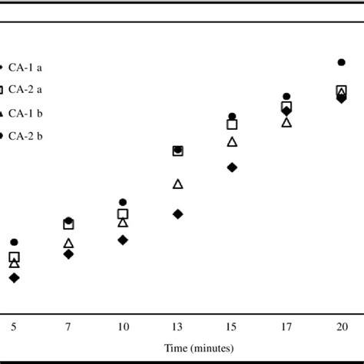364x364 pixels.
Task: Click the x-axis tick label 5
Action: pos(14,327)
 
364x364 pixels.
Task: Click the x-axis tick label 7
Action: pos(68,327)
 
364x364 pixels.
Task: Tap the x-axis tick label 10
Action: pos(123,327)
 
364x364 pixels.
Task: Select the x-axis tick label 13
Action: pos(177,327)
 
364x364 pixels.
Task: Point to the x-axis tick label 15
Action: pos(232,327)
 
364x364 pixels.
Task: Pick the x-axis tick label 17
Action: pos(286,327)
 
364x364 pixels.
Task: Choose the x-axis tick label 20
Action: pos(341,327)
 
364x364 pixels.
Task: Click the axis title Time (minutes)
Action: pos(199,348)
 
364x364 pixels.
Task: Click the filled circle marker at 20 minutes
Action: pos(341,62)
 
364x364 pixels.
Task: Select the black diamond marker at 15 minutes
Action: pos(232,167)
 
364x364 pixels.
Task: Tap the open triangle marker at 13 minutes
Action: pos(177,184)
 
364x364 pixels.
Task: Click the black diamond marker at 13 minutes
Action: pos(177,214)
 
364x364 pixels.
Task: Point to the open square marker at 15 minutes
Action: pos(232,124)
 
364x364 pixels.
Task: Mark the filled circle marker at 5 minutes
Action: pos(14,242)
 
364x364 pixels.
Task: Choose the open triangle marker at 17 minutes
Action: pos(286,122)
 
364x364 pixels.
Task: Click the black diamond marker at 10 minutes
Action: pos(123,240)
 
